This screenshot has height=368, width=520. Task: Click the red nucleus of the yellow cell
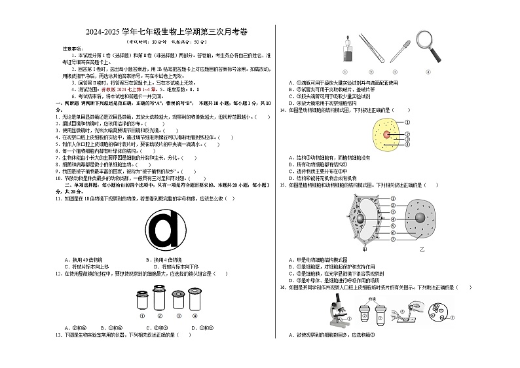[386, 136]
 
